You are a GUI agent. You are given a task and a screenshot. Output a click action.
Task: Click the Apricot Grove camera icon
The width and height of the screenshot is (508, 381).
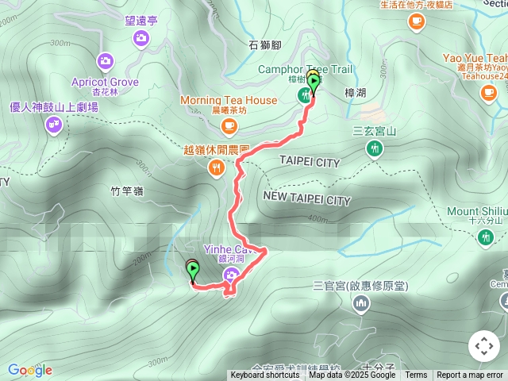click(x=105, y=60)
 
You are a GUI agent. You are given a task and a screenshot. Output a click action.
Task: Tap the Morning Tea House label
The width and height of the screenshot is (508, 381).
click(x=228, y=100)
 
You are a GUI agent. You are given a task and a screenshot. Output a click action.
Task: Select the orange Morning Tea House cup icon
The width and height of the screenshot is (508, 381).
click(x=229, y=125)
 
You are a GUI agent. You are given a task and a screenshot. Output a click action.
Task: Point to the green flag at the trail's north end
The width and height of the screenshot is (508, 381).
click(x=314, y=82)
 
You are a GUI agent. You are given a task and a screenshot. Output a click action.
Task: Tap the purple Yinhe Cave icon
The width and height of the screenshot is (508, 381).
click(x=230, y=275)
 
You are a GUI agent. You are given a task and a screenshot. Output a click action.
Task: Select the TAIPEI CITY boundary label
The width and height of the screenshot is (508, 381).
click(x=310, y=162)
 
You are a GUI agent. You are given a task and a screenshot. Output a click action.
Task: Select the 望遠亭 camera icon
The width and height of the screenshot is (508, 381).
click(x=141, y=37)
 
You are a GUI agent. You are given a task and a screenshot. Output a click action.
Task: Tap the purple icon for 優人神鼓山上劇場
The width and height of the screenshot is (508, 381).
click(x=54, y=124)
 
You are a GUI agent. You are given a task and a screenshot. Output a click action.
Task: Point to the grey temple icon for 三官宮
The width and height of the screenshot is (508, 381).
click(x=361, y=302)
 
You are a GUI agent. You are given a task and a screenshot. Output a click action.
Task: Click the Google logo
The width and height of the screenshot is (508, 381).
click(x=29, y=370)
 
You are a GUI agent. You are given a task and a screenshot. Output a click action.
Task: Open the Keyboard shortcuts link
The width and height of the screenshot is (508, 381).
click(x=265, y=375)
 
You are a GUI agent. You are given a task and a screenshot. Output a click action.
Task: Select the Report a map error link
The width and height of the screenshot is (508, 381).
click(x=470, y=375)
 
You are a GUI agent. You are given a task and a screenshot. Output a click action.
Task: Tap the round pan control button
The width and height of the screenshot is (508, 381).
click(x=483, y=346)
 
